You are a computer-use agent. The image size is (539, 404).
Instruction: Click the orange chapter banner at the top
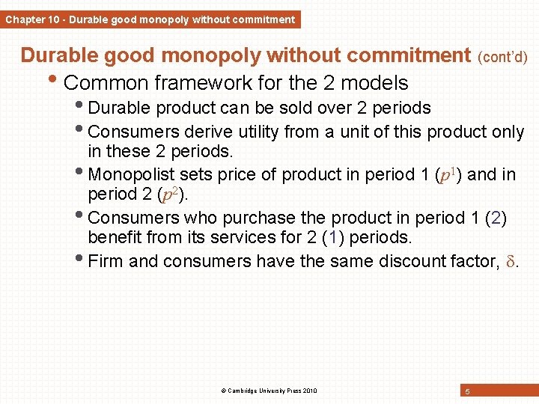pos(150,19)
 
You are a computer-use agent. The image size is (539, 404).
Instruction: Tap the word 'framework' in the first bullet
pos(193,82)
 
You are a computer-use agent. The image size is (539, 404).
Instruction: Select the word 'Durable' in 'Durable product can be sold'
pos(118,108)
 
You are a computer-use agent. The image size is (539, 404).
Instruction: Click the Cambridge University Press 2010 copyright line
pos(269,391)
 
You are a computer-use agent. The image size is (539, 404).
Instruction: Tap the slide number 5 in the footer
pos(467,391)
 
